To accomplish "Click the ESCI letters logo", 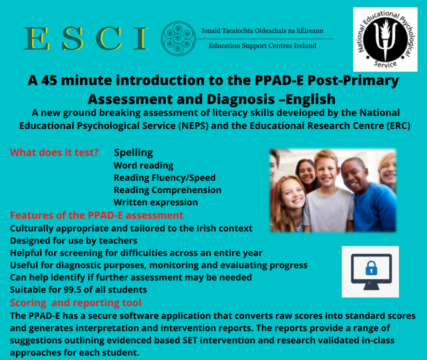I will click(x=86, y=38).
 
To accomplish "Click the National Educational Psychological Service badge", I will click(x=385, y=39).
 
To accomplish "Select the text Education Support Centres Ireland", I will click(x=262, y=45).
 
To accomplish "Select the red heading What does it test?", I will click(x=54, y=152).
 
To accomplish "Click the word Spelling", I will click(x=133, y=152).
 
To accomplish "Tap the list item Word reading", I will click(x=143, y=165).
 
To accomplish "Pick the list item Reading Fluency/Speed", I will click(x=164, y=178).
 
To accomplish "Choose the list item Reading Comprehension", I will click(x=167, y=190).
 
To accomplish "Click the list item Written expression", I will click(x=155, y=202).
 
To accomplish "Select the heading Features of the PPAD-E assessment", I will click(x=97, y=215).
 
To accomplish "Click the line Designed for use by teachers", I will click(x=73, y=240).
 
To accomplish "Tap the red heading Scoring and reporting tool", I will click(x=76, y=303).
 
